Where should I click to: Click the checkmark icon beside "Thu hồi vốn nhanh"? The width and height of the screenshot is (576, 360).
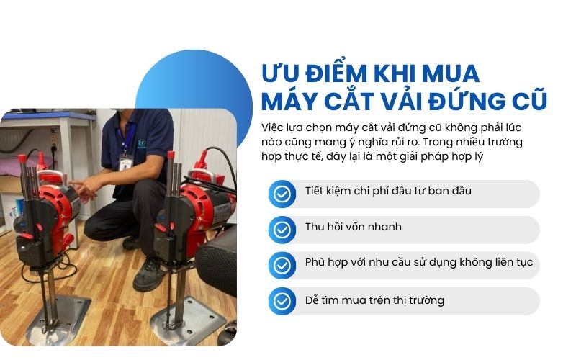(x=282, y=230)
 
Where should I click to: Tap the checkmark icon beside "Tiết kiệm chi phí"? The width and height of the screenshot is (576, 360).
(x=282, y=194)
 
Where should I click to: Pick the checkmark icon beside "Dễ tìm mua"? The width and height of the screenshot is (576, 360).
(x=282, y=301)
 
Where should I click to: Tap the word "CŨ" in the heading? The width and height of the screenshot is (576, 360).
(x=526, y=100)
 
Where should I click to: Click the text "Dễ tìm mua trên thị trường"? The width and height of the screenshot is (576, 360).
(x=374, y=300)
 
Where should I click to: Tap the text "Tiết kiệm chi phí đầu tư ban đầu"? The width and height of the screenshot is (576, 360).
(x=388, y=192)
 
